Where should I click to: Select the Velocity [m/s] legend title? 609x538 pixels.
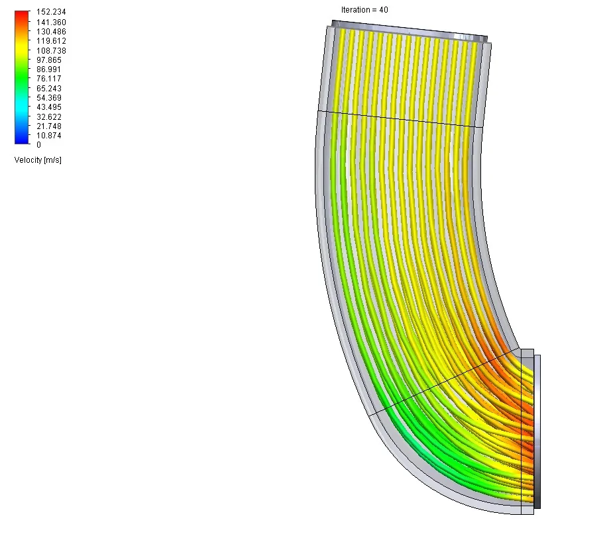point(38,160)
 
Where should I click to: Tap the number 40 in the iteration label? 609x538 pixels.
point(384,10)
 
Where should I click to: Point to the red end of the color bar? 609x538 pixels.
point(22,14)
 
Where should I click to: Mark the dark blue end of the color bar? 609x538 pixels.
point(22,140)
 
